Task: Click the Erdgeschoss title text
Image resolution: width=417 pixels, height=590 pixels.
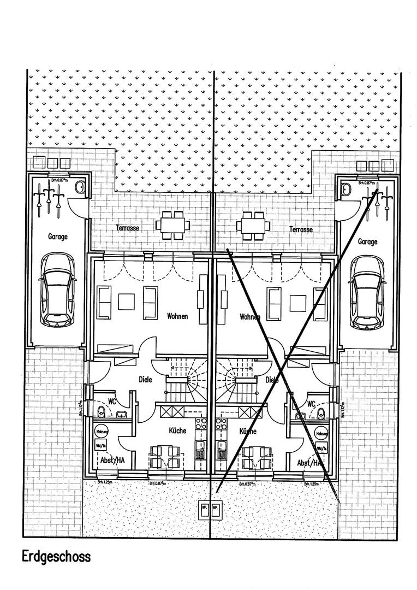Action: click(x=56, y=557)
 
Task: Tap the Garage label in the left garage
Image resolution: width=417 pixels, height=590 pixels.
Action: click(x=57, y=237)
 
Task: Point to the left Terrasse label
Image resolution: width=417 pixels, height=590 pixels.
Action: click(x=127, y=228)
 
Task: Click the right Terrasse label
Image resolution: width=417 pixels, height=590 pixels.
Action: click(x=301, y=229)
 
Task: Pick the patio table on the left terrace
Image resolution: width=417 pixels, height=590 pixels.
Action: click(x=172, y=225)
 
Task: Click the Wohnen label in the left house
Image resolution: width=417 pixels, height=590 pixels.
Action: click(x=177, y=316)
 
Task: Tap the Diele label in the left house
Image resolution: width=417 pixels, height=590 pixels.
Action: click(x=145, y=379)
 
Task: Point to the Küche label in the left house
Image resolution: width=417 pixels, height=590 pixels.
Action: click(x=177, y=430)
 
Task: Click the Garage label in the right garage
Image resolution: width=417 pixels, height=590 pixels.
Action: click(x=367, y=241)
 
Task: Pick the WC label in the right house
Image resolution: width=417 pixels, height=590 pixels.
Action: click(x=311, y=404)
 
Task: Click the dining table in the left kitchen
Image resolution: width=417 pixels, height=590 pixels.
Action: click(x=164, y=457)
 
